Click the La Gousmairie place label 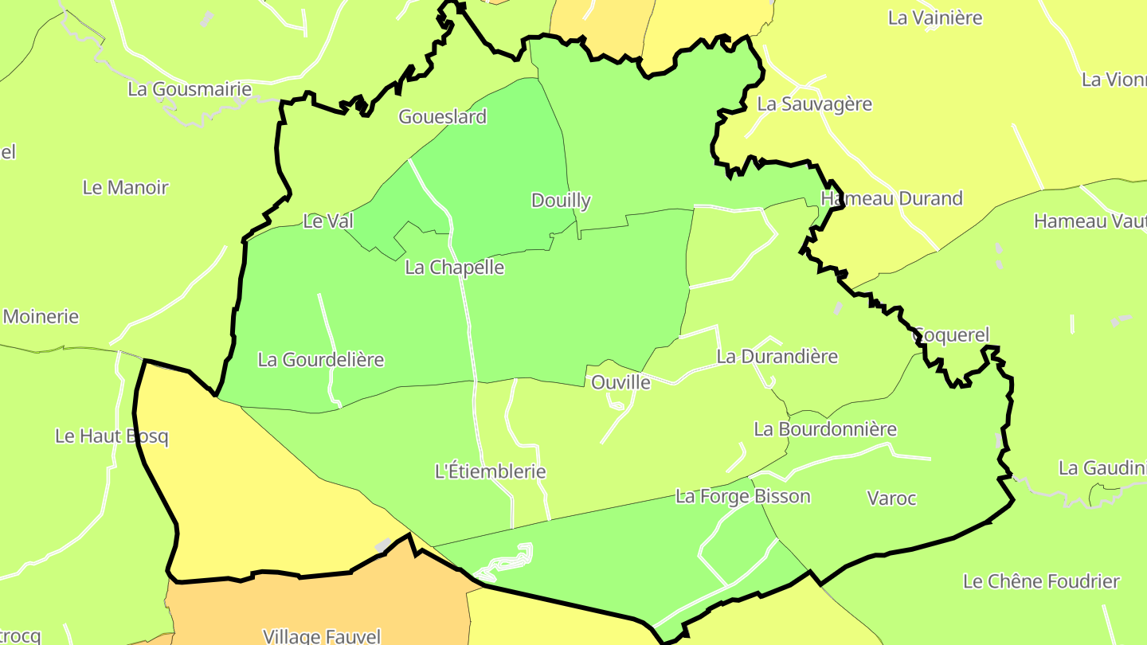pos(190,89)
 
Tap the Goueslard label pos(442,117)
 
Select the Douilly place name pos(561,201)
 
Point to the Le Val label pos(327,221)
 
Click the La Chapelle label pos(454,268)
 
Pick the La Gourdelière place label pos(320,360)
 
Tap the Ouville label pos(620,383)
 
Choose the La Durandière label pos(777,357)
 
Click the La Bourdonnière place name pos(824,430)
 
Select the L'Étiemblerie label pos(490,471)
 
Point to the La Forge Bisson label pos(742,497)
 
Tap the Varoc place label pos(891,499)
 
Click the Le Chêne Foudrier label pos(1041,582)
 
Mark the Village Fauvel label pos(322,636)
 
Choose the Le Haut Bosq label pos(112,436)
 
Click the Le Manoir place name pos(125,188)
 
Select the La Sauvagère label pos(814,104)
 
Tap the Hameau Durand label pos(891,199)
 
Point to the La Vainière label pos(935,18)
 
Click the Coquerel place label pos(950,335)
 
